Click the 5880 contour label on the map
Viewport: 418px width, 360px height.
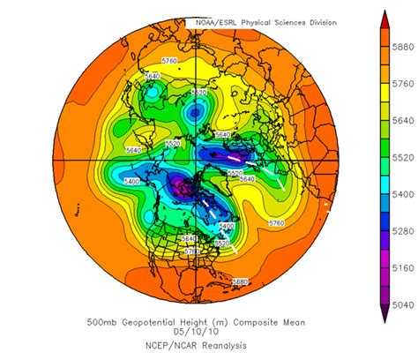point(239,281)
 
